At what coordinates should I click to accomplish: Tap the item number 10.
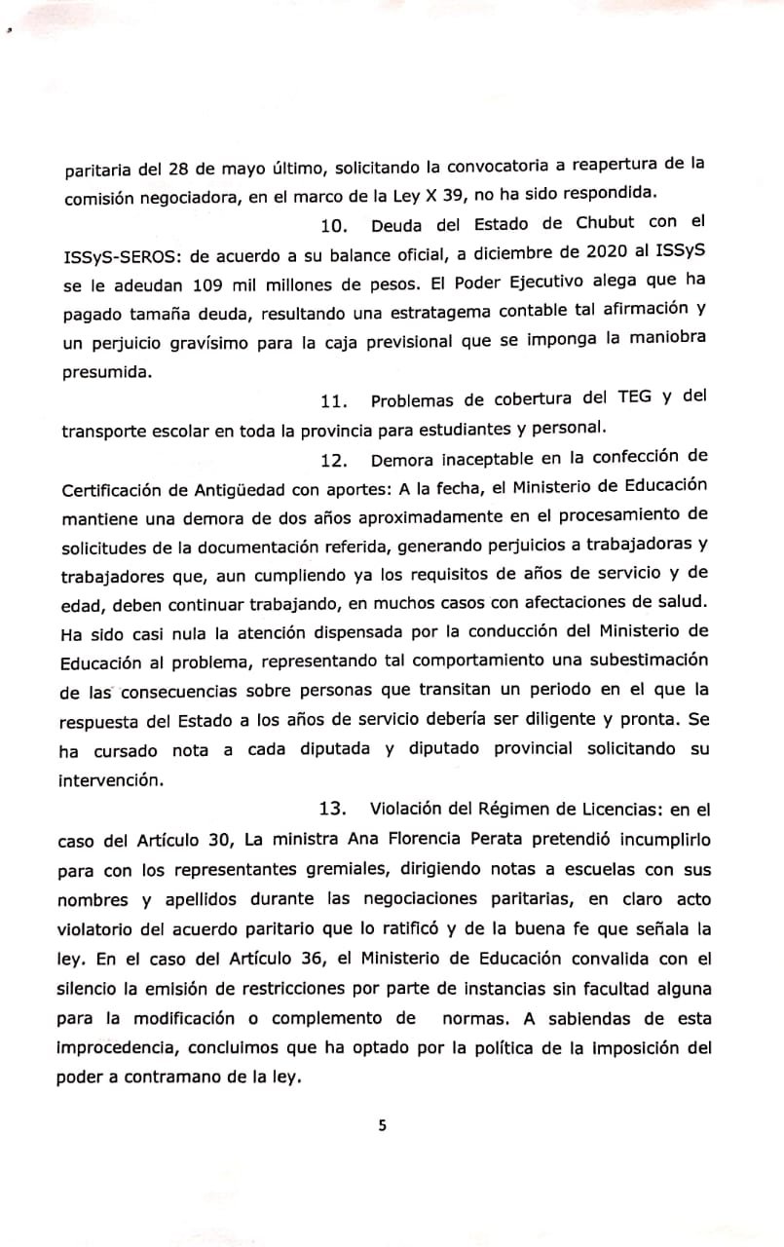334,227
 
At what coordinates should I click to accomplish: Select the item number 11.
334,398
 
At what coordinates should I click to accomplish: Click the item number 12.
334,456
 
